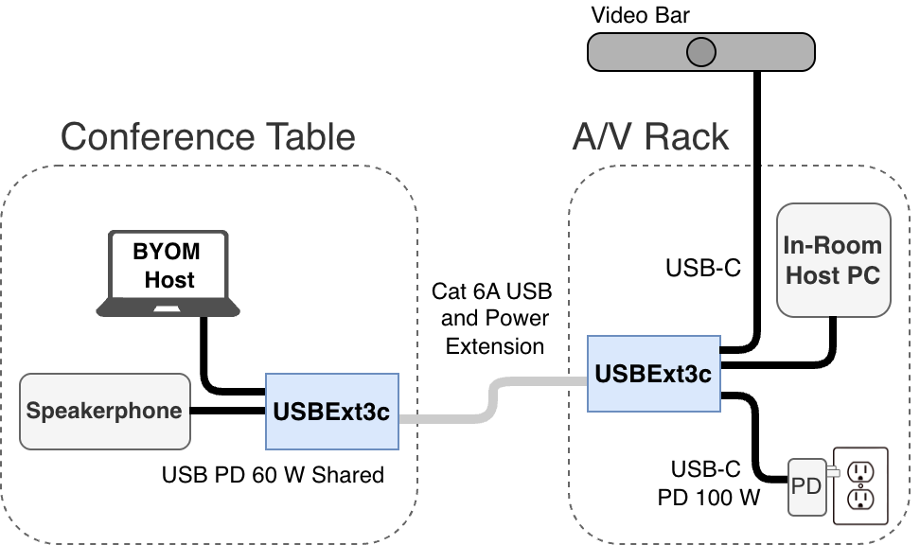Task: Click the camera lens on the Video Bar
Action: click(700, 51)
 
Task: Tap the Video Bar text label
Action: click(640, 15)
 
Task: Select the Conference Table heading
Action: click(208, 137)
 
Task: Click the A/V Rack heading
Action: click(651, 137)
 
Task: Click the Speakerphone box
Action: click(104, 412)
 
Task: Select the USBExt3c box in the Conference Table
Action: click(332, 412)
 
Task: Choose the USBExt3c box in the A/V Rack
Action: click(653, 373)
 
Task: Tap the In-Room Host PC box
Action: click(833, 260)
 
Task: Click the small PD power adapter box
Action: click(805, 486)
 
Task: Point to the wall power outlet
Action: click(860, 485)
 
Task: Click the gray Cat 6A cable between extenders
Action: click(491, 398)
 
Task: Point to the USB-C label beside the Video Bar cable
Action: click(703, 269)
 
